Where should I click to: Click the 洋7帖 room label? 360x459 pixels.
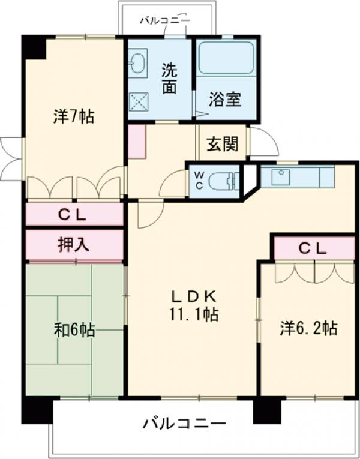pyautogui.click(x=73, y=117)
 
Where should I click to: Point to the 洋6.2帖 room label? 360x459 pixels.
pyautogui.click(x=308, y=328)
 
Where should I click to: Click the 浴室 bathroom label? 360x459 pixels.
pyautogui.click(x=225, y=100)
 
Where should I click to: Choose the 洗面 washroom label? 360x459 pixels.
pyautogui.click(x=169, y=78)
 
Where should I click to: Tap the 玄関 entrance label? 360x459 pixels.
pyautogui.click(x=223, y=144)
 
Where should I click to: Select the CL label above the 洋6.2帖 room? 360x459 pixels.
pyautogui.click(x=313, y=248)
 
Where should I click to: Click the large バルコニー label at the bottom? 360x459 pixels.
pyautogui.click(x=184, y=424)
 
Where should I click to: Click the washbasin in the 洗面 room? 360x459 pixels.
pyautogui.click(x=137, y=63)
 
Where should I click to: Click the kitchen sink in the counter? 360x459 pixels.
pyautogui.click(x=281, y=177)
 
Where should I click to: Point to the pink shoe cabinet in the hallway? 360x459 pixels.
pyautogui.click(x=136, y=142)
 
